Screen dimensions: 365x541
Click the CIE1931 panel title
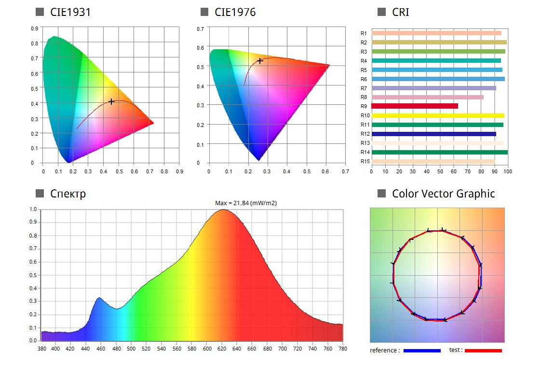(x=70, y=12)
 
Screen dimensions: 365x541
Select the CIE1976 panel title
(x=235, y=12)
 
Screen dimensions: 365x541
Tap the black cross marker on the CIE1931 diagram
(x=111, y=101)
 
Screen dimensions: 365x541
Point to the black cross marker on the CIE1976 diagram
(x=260, y=61)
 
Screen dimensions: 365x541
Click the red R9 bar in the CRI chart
(x=415, y=106)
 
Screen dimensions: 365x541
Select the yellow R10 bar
(x=438, y=115)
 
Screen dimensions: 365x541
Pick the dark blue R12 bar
(x=433, y=134)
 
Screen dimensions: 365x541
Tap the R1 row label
(x=364, y=33)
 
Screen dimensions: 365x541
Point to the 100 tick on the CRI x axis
(x=507, y=171)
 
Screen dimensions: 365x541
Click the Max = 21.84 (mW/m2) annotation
(x=246, y=203)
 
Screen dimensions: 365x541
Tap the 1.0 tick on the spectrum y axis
(x=33, y=210)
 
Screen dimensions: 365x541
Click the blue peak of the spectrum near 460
(x=99, y=298)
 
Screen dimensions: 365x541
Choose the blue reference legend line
(x=422, y=351)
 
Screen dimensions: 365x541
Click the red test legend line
(x=483, y=351)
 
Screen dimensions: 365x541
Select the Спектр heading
(x=68, y=194)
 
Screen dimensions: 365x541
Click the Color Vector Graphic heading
(x=443, y=194)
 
